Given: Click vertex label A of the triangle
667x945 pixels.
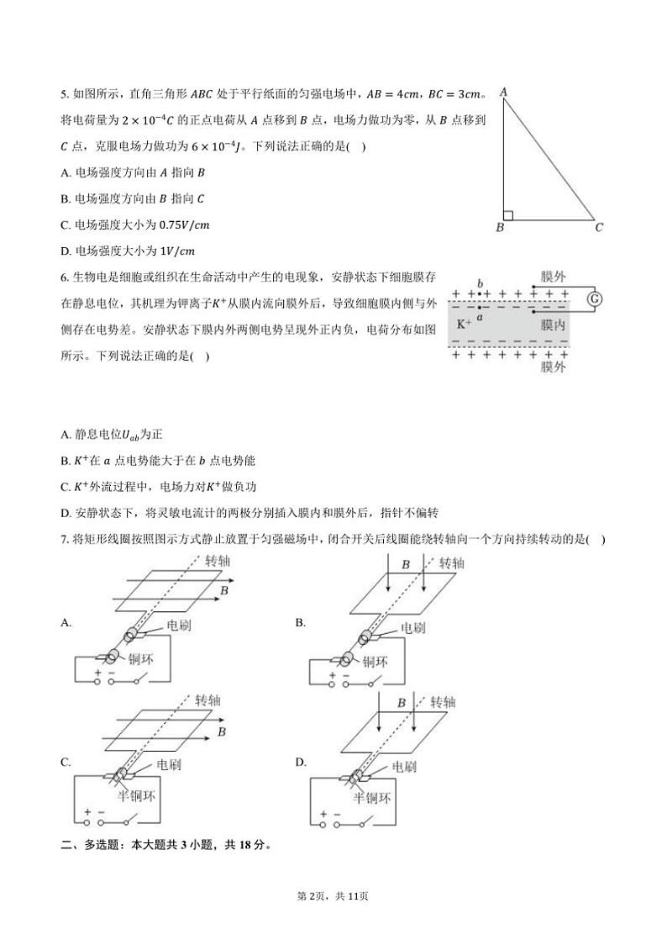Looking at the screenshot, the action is point(502,92).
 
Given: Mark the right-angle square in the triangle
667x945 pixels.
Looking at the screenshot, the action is point(507,215).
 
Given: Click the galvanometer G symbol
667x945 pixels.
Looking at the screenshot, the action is point(595,299).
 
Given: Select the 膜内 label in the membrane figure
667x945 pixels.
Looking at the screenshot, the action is point(552,325).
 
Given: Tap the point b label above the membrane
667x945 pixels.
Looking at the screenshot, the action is point(480,284).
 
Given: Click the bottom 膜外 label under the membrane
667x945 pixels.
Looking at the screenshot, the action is point(552,367).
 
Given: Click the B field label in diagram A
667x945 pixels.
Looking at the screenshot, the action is point(224,592).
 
